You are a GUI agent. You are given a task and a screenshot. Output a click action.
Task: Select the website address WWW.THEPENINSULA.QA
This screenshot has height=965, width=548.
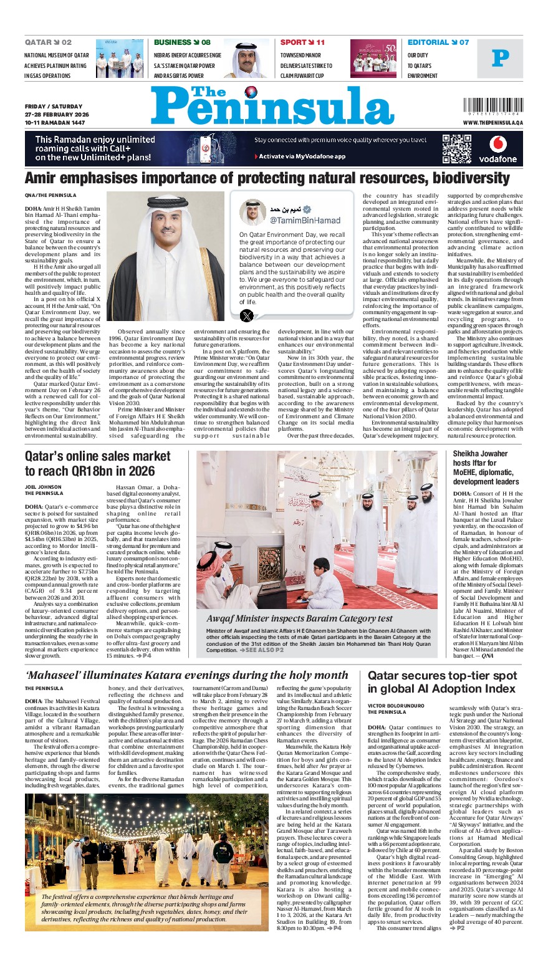pos(493,123)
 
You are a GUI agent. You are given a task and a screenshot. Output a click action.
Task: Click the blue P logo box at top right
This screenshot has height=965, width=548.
pos(500,59)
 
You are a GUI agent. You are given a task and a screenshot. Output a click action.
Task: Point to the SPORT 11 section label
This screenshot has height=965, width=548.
pos(302,42)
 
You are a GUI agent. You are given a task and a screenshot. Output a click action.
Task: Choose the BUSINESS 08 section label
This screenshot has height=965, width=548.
pos(182,42)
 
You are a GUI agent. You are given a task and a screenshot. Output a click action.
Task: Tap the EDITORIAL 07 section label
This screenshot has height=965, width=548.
pos(438,42)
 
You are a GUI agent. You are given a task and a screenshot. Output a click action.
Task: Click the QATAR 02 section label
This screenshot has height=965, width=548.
pos(48,42)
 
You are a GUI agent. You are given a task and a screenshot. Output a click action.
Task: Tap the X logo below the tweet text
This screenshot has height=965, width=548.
pos(248,315)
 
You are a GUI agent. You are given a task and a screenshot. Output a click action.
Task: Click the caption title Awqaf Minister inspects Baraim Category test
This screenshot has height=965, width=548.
pos(299,618)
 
